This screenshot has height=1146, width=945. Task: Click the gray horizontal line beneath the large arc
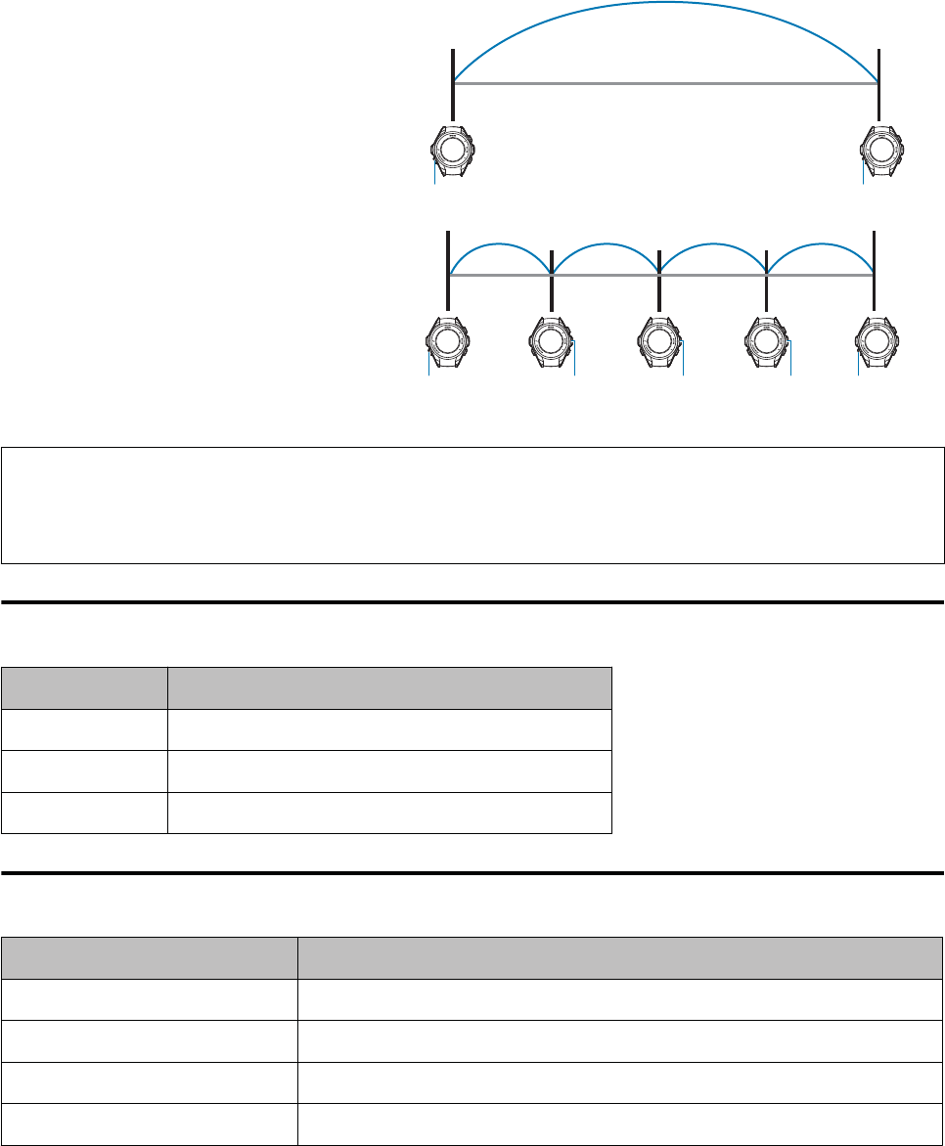[665, 84]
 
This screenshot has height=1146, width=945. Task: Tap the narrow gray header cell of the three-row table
[84, 687]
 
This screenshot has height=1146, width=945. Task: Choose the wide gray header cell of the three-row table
[389, 687]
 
